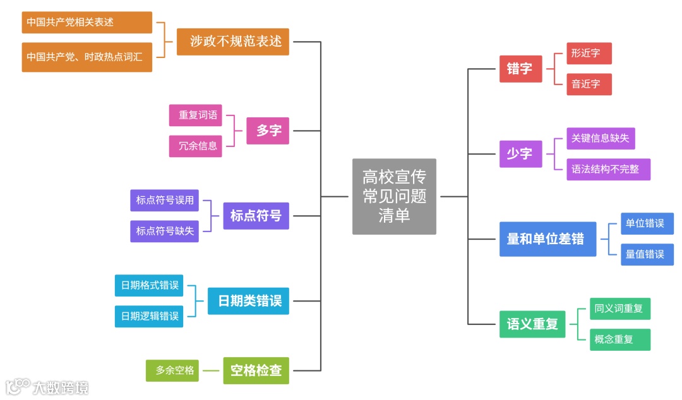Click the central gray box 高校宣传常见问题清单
coord(394,196)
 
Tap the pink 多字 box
coord(268,131)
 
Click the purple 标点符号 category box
coord(256,216)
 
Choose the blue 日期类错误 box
coord(249,301)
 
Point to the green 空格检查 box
coord(256,370)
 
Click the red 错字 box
coord(520,69)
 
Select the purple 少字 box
coord(520,153)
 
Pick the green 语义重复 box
coord(532,324)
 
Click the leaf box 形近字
coord(589,54)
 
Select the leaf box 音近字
coord(589,84)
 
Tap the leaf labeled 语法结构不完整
coord(608,169)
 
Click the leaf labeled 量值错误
coord(647,254)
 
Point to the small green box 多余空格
coord(172,370)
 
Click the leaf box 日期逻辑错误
coord(149,316)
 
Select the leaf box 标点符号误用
coord(165,201)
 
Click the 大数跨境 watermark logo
coord(47,386)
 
